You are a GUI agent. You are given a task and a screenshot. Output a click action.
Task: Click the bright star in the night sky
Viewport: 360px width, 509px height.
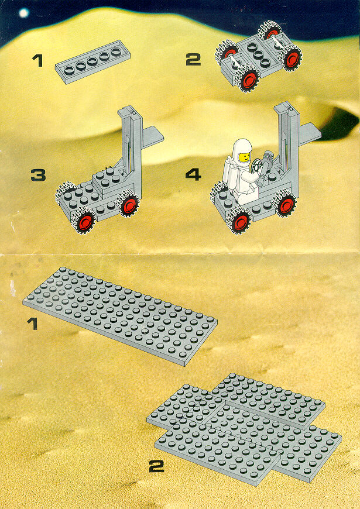click(23, 13)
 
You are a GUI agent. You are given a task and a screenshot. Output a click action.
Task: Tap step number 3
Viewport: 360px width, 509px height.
click(38, 176)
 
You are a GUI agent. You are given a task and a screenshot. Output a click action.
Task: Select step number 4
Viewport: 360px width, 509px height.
click(193, 175)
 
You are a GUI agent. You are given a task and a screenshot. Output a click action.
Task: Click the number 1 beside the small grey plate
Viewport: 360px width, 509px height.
click(37, 61)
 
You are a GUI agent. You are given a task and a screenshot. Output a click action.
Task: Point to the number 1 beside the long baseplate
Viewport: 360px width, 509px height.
click(33, 324)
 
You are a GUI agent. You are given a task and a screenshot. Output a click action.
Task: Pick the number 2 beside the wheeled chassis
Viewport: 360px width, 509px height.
click(193, 60)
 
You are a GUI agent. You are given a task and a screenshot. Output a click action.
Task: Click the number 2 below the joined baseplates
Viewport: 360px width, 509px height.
click(157, 467)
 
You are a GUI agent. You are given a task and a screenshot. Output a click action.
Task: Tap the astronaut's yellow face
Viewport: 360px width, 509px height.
click(244, 157)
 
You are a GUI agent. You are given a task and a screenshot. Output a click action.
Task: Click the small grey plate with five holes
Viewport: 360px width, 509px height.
click(92, 61)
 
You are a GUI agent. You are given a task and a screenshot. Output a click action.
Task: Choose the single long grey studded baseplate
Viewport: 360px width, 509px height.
click(120, 317)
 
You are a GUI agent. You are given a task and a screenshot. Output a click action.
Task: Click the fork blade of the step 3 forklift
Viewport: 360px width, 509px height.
click(152, 137)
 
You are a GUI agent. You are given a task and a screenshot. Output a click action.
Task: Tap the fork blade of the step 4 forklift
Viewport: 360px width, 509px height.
click(310, 133)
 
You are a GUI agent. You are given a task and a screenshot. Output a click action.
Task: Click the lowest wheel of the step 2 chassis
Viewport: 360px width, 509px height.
click(248, 79)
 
